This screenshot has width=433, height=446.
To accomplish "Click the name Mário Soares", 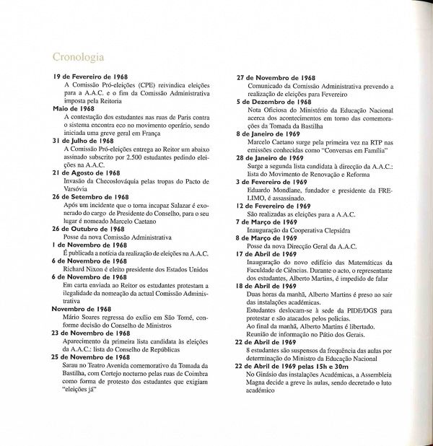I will [84, 315].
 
